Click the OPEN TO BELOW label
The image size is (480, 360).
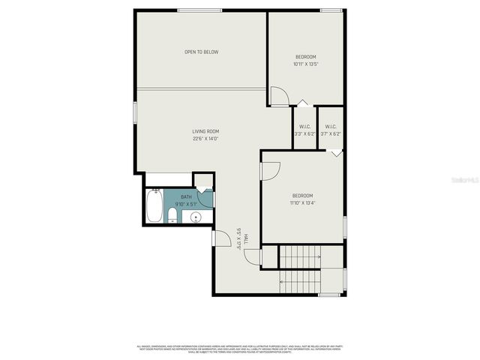click(202, 52)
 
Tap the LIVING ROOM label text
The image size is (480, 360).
click(205, 131)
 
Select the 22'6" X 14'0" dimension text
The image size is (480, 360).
click(205, 138)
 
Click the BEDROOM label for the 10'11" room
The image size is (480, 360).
click(305, 58)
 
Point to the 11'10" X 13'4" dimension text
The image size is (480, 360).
click(303, 202)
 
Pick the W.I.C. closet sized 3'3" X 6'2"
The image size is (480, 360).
click(305, 130)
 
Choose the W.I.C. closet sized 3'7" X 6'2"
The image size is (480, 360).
click(331, 130)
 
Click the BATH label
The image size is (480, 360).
click(186, 196)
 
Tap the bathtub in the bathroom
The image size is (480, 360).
click(154, 207)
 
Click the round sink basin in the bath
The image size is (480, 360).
click(196, 218)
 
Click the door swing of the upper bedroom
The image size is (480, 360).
click(278, 96)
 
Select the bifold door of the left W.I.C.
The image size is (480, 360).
click(302, 103)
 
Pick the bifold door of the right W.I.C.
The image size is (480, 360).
click(336, 151)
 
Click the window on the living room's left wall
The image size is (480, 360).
click(135, 111)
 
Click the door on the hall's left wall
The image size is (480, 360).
click(220, 238)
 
